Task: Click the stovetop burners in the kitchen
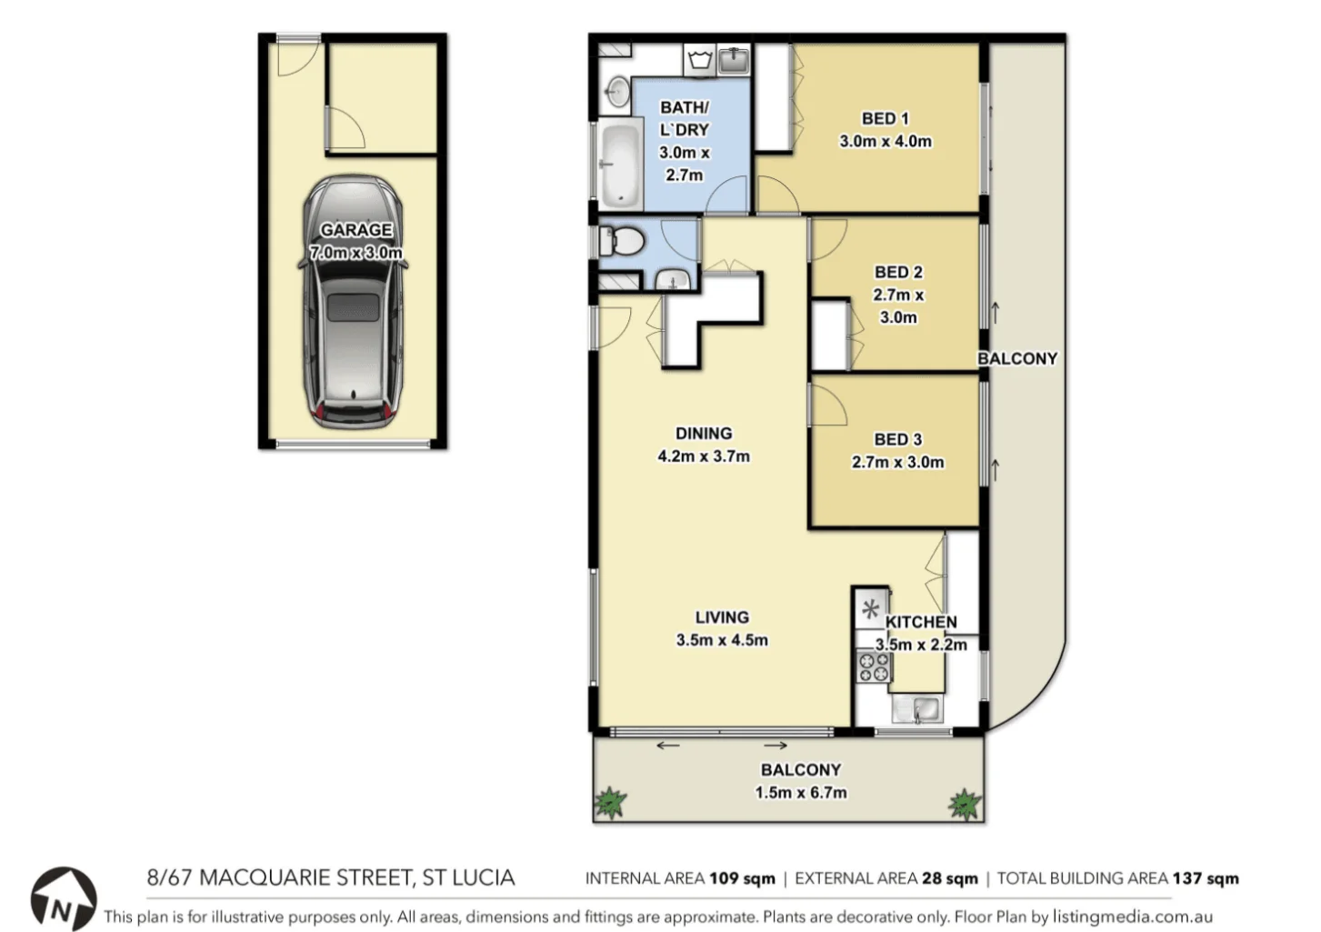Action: [x=874, y=666]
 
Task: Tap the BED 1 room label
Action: [x=885, y=118]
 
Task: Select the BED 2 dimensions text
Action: [x=898, y=306]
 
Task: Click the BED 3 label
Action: [x=897, y=439]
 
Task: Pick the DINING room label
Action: [x=703, y=434]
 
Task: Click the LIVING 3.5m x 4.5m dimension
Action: [x=722, y=640]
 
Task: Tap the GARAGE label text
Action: [x=355, y=230]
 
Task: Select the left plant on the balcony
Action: [x=610, y=802]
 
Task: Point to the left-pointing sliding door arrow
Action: [x=667, y=747]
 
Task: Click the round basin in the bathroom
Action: [x=617, y=91]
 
